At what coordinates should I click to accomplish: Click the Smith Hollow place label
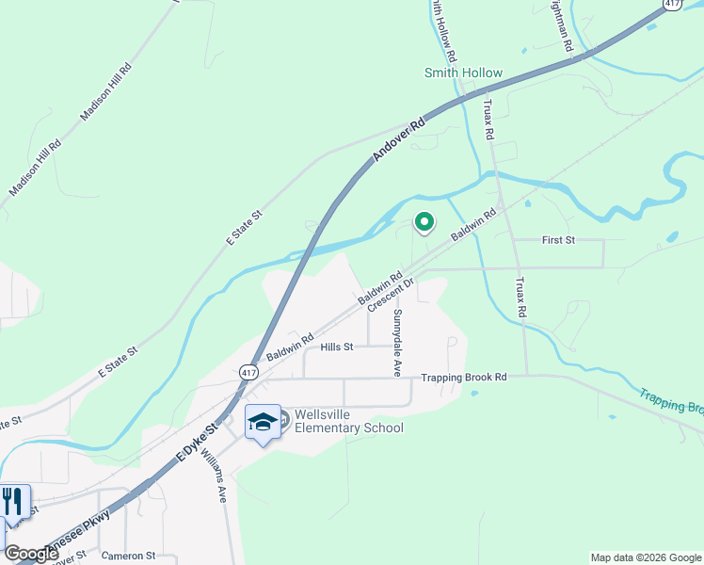click(463, 73)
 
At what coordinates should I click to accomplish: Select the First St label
click(558, 240)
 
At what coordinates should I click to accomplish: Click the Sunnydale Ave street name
click(398, 343)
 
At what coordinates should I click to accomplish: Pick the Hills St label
click(336, 347)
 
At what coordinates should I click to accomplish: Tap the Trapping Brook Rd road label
click(464, 377)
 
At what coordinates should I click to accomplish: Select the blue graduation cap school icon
click(263, 423)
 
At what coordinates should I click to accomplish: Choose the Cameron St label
click(128, 556)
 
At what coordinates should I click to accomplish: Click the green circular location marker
click(424, 222)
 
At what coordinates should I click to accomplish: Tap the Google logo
click(31, 554)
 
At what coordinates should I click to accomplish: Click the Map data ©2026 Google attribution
click(645, 557)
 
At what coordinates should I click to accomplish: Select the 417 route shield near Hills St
click(248, 371)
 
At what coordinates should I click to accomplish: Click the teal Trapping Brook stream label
click(671, 401)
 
